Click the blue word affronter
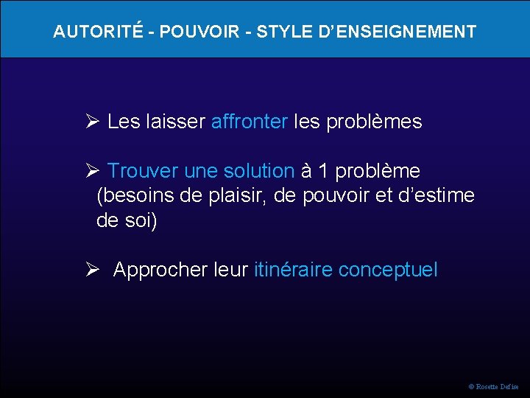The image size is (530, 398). pyautogui.click(x=249, y=122)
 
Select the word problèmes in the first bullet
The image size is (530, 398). pyautogui.click(x=378, y=122)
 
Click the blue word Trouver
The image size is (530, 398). pyautogui.click(x=143, y=171)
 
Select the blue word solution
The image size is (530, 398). pyautogui.click(x=260, y=171)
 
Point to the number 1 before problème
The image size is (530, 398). pyautogui.click(x=324, y=171)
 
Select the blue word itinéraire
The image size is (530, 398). pyautogui.click(x=292, y=270)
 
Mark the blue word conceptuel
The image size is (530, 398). pyautogui.click(x=388, y=270)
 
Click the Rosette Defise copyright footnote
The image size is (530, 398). pyautogui.click(x=493, y=386)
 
